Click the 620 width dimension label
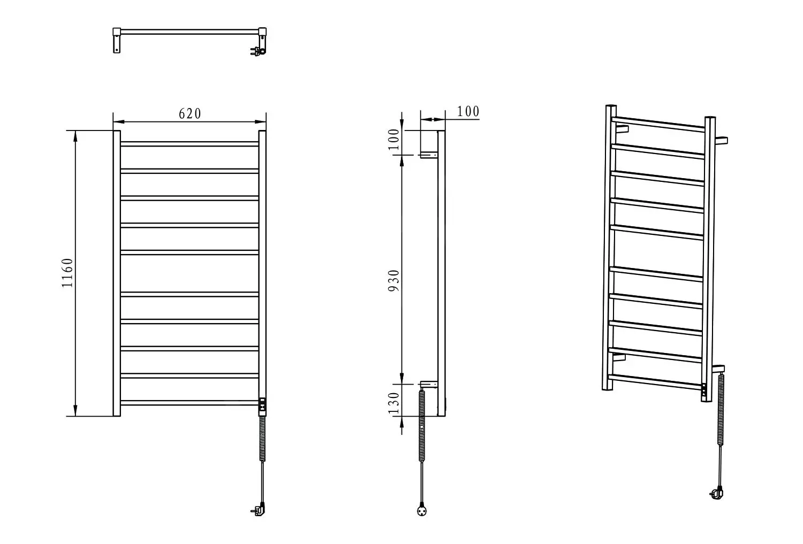coord(190,114)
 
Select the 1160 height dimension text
coord(67,273)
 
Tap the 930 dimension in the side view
coord(393,281)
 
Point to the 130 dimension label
coord(393,403)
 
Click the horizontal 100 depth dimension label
coord(468,111)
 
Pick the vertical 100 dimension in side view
coord(393,139)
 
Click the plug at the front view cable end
coord(259,510)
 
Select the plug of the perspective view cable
coord(717,494)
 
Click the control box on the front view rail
coord(262,407)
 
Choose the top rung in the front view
coord(190,144)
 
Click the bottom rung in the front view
coord(190,403)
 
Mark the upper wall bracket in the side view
coord(429,155)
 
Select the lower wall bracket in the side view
coord(429,384)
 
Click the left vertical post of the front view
coord(117,273)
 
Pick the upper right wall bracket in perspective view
coord(721,140)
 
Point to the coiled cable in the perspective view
coord(720,409)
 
